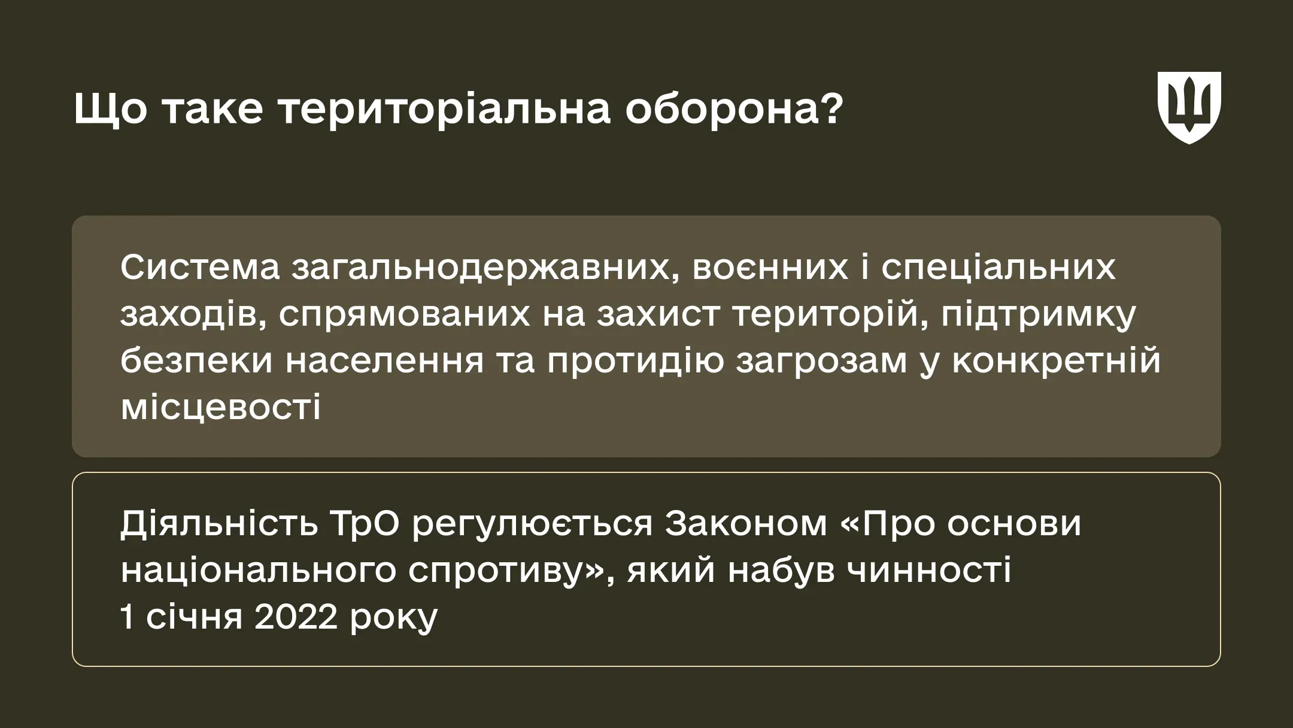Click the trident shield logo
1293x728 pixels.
pos(1189,107)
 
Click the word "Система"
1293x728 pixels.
pos(200,268)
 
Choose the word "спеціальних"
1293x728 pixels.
pos(998,268)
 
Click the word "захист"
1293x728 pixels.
pos(658,314)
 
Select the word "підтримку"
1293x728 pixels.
pos(1039,314)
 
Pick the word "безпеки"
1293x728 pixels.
pos(196,361)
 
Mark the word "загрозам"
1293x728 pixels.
pos(821,361)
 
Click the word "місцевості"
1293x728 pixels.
pos(220,408)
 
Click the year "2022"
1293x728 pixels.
pos(295,617)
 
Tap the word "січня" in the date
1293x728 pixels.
pos(194,617)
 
